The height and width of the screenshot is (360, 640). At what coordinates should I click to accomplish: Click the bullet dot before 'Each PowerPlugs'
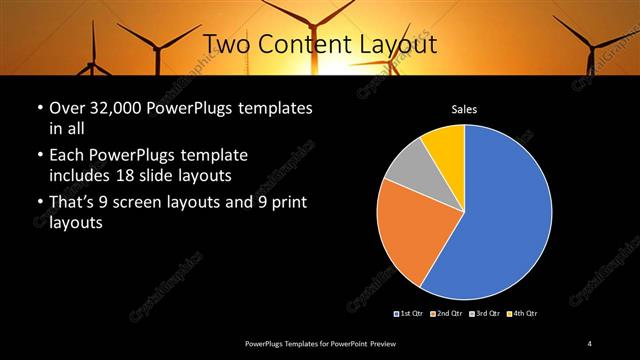(38, 157)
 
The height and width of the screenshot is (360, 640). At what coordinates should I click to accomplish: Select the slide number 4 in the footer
(590, 344)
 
